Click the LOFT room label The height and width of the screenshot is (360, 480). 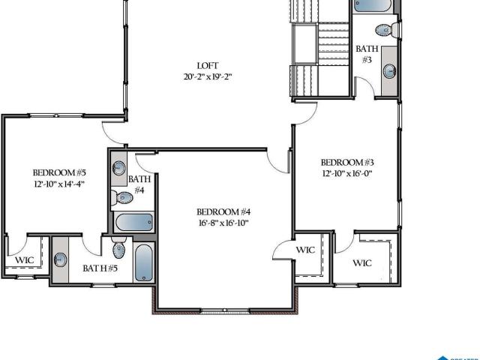coord(208,65)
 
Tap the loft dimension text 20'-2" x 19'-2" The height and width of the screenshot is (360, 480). coord(208,76)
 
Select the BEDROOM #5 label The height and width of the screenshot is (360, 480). coord(59,172)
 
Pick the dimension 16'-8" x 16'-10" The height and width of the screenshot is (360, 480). coord(223,223)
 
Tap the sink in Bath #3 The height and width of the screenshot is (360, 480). coord(390,71)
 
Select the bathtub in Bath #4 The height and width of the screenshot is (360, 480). coord(134,222)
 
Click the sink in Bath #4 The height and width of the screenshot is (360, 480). coord(118,168)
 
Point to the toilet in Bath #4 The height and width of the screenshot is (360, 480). coord(121,198)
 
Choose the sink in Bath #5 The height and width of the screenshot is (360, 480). coord(60,260)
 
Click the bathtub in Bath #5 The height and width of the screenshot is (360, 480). coord(143,262)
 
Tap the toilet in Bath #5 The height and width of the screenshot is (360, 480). coord(118,247)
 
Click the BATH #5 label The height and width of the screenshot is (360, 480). coord(100,268)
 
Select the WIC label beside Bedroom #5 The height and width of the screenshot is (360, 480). coord(25,260)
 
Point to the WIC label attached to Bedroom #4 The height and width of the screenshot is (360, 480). coord(305,250)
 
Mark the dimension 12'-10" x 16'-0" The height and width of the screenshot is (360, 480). coord(347,173)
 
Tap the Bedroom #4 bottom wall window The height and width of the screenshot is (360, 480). coord(225,310)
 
